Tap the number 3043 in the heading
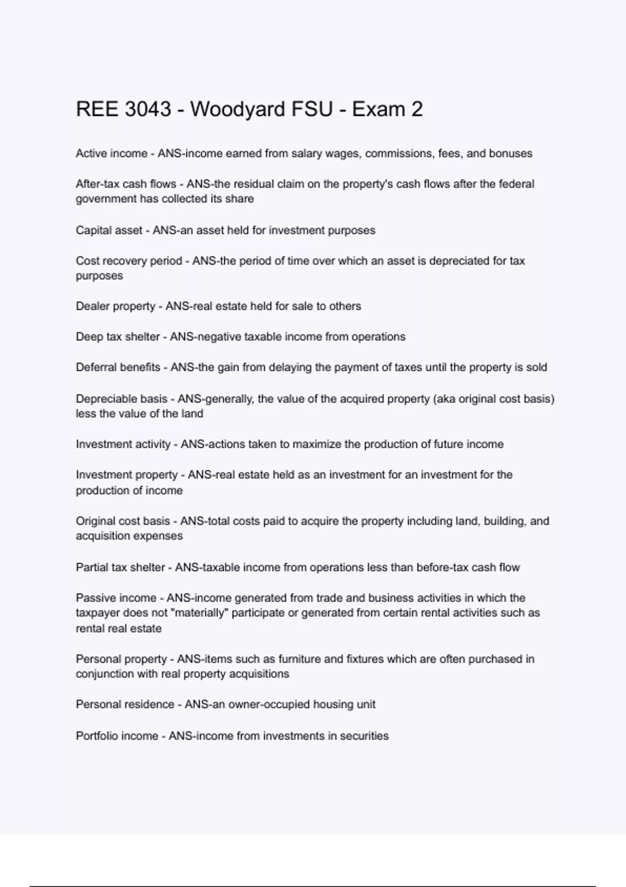coord(148,110)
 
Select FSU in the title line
coord(313,110)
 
